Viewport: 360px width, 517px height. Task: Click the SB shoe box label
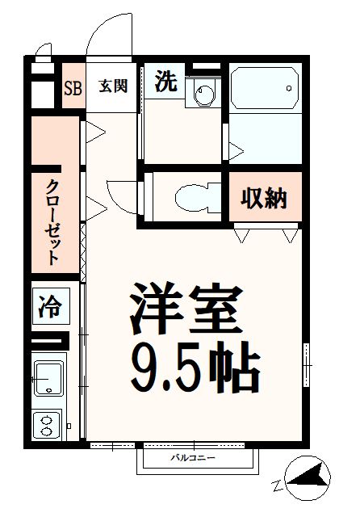73,87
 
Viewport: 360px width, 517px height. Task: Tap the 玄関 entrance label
113,86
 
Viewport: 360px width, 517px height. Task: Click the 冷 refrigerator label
50,307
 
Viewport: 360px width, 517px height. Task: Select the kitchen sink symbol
48,376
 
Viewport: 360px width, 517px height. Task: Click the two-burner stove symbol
48,424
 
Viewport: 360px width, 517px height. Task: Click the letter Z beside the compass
277,486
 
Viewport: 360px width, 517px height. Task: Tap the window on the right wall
307,365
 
